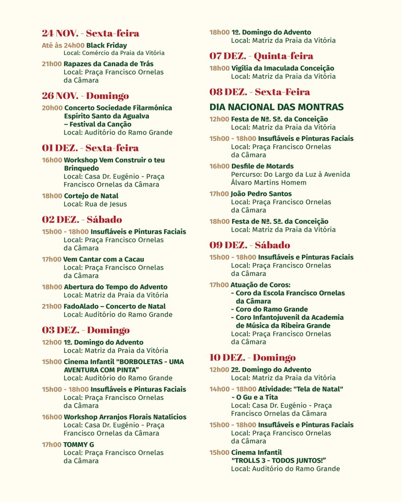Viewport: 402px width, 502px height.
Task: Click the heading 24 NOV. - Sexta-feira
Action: [90, 33]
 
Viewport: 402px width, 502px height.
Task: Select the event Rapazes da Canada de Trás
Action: [108, 64]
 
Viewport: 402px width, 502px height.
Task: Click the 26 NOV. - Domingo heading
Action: [85, 96]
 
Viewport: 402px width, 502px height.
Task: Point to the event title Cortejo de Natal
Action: [91, 196]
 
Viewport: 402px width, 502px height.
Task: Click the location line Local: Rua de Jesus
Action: [95, 204]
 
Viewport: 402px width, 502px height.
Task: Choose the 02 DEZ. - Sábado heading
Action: [82, 219]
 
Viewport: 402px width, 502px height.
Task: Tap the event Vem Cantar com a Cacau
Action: [104, 259]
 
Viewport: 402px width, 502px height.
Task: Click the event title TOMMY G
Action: [79, 445]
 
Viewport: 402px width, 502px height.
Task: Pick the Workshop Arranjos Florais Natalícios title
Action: [125, 417]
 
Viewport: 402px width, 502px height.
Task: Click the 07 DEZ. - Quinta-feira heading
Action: [261, 56]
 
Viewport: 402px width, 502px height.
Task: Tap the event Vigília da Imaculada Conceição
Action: [282, 68]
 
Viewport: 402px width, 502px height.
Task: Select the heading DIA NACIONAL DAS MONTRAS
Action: [276, 107]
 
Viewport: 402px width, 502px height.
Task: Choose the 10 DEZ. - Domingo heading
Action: [253, 357]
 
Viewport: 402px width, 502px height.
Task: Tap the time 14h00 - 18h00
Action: [232, 389]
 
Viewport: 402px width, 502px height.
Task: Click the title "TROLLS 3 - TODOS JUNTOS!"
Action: [279, 460]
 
